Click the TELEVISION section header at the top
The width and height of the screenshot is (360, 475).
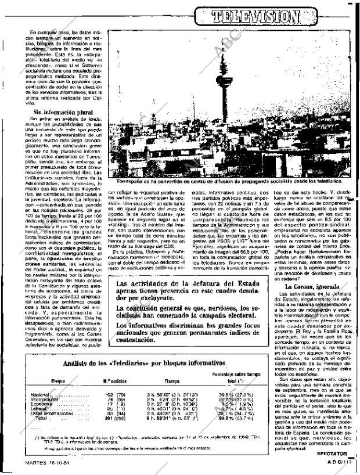pyautogui.click(x=272, y=16)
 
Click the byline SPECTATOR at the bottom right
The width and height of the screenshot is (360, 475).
pyautogui.click(x=332, y=454)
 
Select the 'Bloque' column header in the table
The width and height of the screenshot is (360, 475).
pyautogui.click(x=58, y=381)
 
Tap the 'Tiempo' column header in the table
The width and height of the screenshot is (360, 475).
pyautogui.click(x=172, y=381)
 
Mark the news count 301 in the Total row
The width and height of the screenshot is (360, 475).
pyautogui.click(x=107, y=418)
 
